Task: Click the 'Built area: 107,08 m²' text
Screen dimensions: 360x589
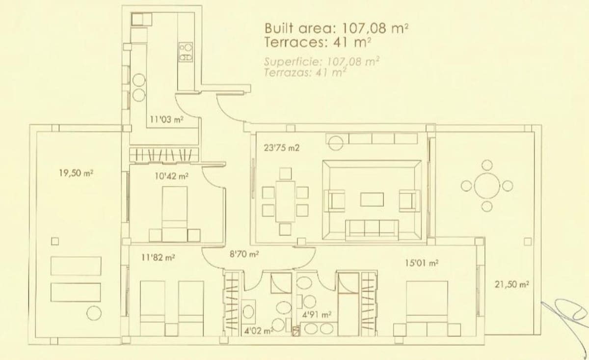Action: coord(337,28)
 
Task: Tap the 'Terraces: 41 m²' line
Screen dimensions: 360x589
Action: coord(317,42)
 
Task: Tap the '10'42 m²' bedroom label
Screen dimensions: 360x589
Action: coord(172,175)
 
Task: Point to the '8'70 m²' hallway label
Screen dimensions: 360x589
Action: coord(244,254)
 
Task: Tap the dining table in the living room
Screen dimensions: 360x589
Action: coord(286,201)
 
